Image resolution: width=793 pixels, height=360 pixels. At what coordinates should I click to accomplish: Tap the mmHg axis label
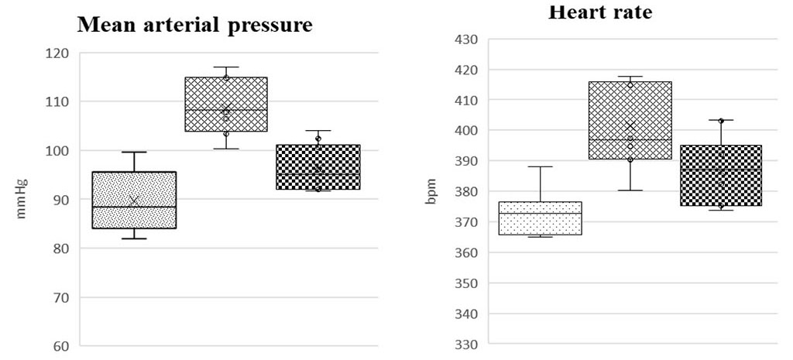point(22,200)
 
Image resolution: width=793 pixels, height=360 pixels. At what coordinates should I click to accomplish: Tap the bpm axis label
point(431,192)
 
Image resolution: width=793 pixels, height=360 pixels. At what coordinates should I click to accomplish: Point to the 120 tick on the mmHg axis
point(57,53)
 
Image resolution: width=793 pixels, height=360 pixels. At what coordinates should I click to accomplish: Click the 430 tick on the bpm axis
point(468,39)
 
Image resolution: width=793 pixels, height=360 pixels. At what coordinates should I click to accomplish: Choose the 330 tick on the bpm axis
point(468,345)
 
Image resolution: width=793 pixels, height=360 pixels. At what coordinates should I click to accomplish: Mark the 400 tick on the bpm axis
point(468,131)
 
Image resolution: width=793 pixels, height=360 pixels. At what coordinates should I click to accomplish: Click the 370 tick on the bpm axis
point(468,222)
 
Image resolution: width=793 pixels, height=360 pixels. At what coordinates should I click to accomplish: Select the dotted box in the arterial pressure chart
point(134,200)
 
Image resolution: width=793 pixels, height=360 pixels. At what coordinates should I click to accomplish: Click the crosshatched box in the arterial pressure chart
point(226,104)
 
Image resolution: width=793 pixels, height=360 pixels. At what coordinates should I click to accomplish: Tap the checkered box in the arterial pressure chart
point(318,166)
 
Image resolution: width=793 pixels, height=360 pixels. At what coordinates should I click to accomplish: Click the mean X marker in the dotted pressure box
point(134,201)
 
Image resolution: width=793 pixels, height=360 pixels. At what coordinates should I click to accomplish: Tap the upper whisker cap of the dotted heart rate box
point(541,166)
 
